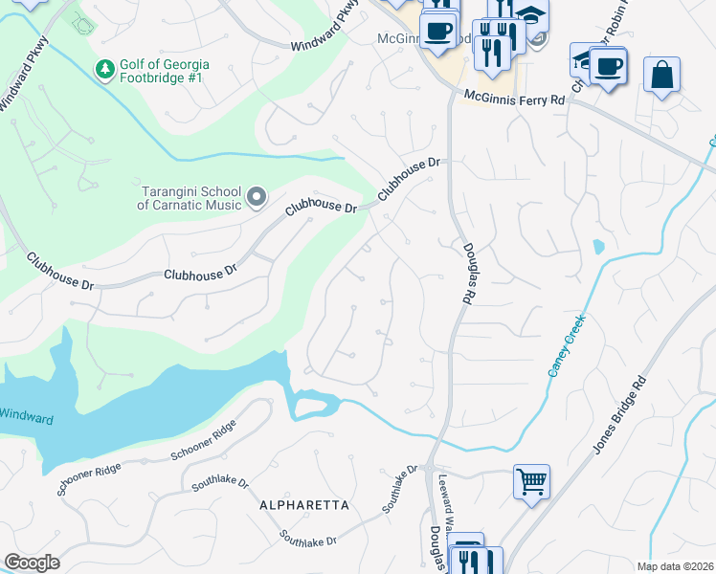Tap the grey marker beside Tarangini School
pyautogui.click(x=256, y=197)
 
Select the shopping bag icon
pyautogui.click(x=661, y=75)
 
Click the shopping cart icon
pyautogui.click(x=531, y=480)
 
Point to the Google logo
pyautogui.click(x=32, y=563)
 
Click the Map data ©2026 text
pyautogui.click(x=675, y=566)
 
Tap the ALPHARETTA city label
pyautogui.click(x=303, y=504)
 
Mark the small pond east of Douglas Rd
pyautogui.click(x=598, y=247)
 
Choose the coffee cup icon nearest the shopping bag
pyautogui.click(x=608, y=67)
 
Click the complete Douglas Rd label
pyautogui.click(x=467, y=273)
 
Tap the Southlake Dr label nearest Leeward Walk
pyautogui.click(x=400, y=490)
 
